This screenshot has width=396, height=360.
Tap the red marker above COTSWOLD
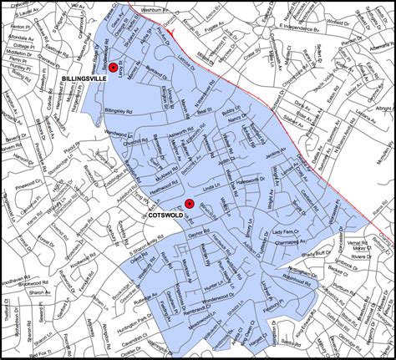[x=190, y=203]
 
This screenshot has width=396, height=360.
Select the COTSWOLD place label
[x=166, y=215]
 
